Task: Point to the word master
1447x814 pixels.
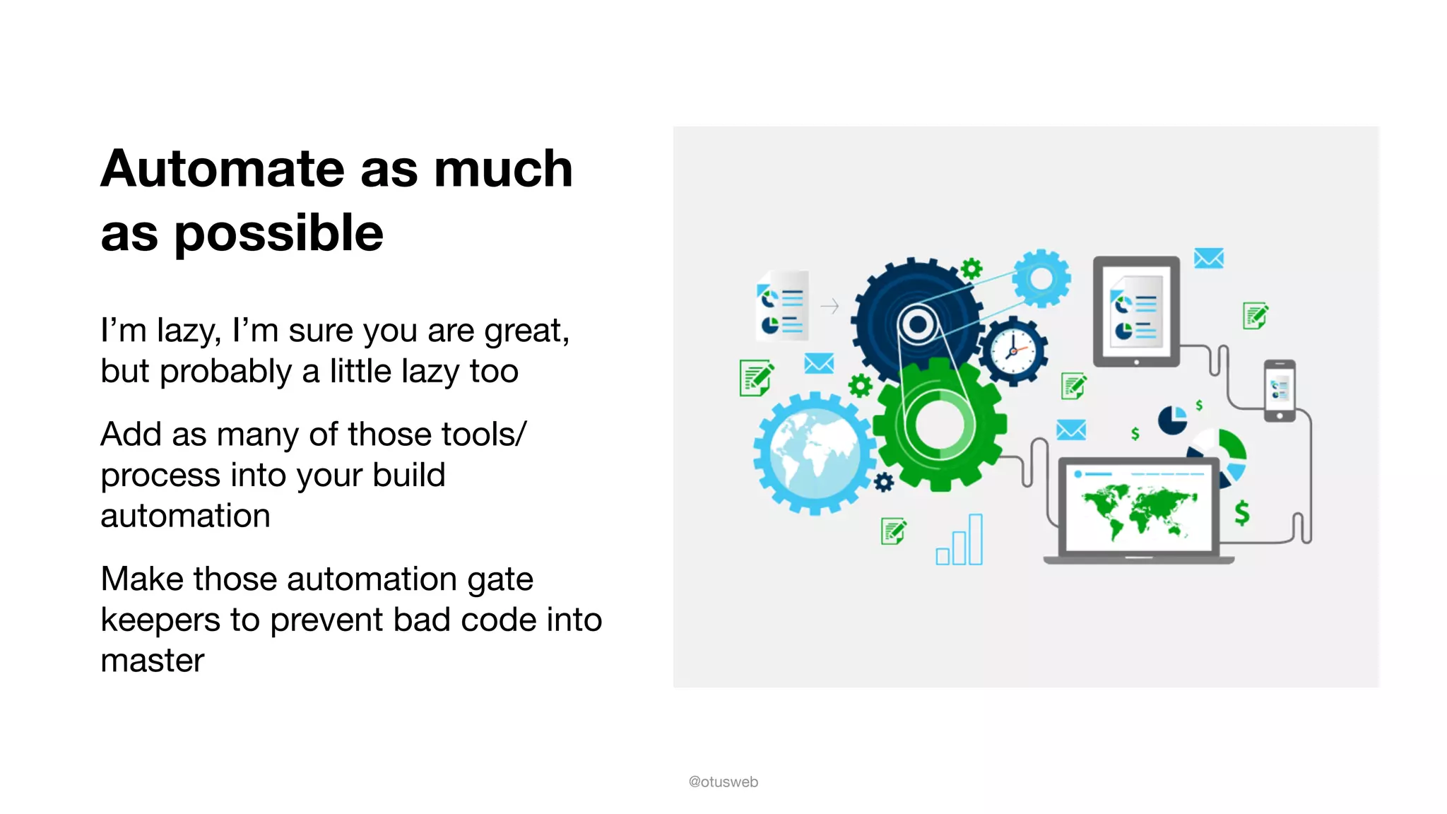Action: (x=152, y=661)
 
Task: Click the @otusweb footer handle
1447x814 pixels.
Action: (x=723, y=781)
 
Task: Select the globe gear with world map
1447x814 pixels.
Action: (x=814, y=453)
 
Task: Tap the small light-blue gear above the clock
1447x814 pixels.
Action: (x=1041, y=278)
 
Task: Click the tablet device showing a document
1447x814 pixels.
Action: (x=1136, y=311)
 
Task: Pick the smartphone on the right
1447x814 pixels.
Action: (x=1280, y=390)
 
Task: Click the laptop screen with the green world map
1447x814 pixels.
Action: (x=1139, y=506)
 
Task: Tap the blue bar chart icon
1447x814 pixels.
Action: (x=960, y=542)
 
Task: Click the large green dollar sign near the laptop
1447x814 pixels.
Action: (x=1241, y=512)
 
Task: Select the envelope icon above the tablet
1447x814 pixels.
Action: (x=1208, y=258)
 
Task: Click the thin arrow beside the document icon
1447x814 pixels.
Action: (x=829, y=306)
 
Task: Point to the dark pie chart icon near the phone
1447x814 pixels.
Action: (x=1172, y=420)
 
